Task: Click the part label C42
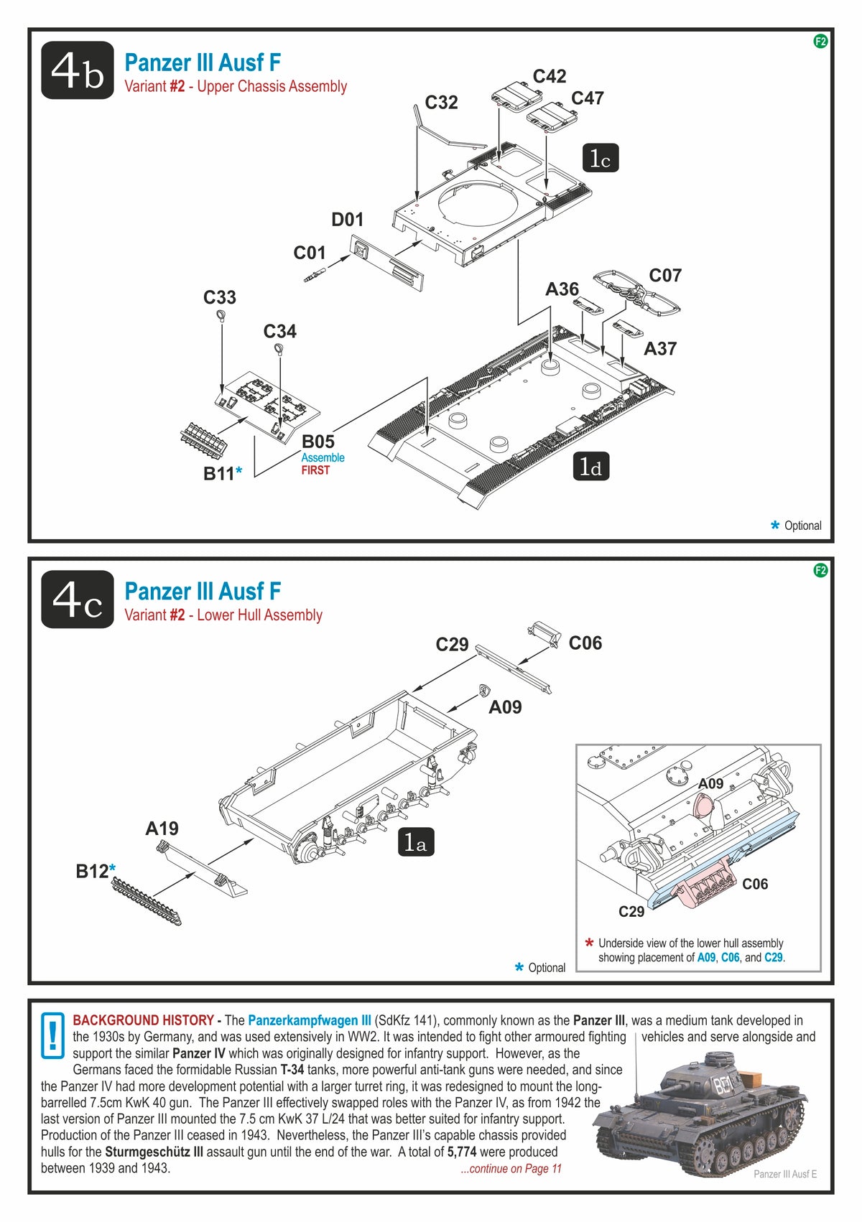tap(549, 76)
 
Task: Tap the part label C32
tap(441, 103)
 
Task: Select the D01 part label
tap(347, 220)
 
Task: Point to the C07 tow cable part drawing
tap(636, 292)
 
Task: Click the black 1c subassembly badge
tap(600, 159)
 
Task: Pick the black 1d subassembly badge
tap(590, 467)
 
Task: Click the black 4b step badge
tap(78, 70)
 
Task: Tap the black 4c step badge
tap(78, 600)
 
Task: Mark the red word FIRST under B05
tap(315, 470)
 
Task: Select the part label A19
tap(162, 829)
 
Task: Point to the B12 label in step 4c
tap(93, 872)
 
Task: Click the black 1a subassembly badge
tap(416, 842)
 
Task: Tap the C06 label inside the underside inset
tap(754, 884)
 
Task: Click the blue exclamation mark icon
tap(52, 1035)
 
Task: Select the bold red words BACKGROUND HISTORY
tap(143, 1020)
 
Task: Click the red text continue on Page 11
tap(511, 1168)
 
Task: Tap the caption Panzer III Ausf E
tap(785, 1174)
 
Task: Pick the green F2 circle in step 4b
tap(820, 42)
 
